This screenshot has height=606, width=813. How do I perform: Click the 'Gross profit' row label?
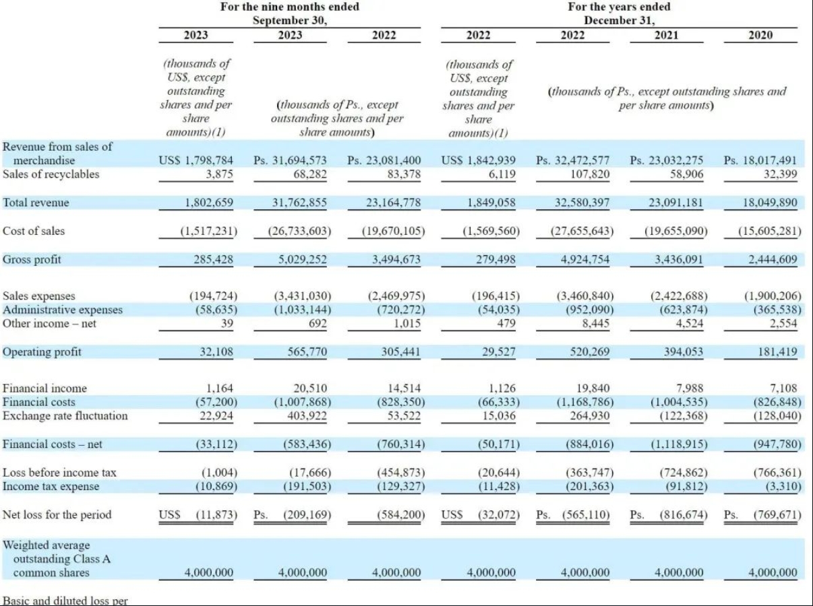click(32, 260)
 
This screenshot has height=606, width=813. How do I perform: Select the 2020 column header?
click(760, 35)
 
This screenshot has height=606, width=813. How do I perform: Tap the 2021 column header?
click(666, 35)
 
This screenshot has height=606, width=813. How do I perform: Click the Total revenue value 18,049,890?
click(770, 203)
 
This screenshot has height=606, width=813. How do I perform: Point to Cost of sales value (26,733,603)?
click(299, 231)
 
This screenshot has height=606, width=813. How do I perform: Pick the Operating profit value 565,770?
click(307, 352)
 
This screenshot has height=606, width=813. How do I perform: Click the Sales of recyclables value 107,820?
click(590, 174)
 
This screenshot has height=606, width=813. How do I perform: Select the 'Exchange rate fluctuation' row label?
click(65, 416)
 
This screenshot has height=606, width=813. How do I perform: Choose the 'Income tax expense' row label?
click(51, 486)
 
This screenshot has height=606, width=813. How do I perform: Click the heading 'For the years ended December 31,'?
click(620, 13)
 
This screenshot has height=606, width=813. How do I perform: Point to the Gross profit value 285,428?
click(213, 260)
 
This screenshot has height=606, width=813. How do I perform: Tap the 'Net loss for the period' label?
click(57, 514)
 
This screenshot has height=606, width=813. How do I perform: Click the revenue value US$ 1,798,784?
click(196, 160)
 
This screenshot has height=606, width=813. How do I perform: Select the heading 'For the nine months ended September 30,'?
click(290, 13)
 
